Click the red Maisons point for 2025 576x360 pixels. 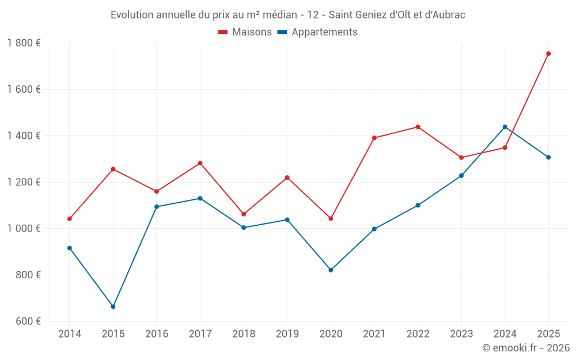tap(548, 54)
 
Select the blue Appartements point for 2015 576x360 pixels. tap(113, 306)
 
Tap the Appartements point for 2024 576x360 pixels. tap(505, 127)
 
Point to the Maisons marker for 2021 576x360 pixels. tap(374, 138)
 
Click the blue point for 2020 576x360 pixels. tap(331, 270)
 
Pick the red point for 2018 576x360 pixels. tap(244, 214)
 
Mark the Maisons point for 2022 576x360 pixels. tap(418, 127)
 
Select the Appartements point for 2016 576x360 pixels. tap(157, 207)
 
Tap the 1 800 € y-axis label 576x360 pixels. tap(24, 43)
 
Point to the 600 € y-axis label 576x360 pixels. tap(27, 321)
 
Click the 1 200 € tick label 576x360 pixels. tap(24, 182)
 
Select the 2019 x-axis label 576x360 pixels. tap(287, 334)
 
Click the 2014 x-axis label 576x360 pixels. tap(70, 334)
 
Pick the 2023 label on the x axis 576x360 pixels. tap(461, 334)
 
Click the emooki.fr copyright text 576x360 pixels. tap(525, 348)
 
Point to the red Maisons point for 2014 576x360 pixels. tap(70, 219)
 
